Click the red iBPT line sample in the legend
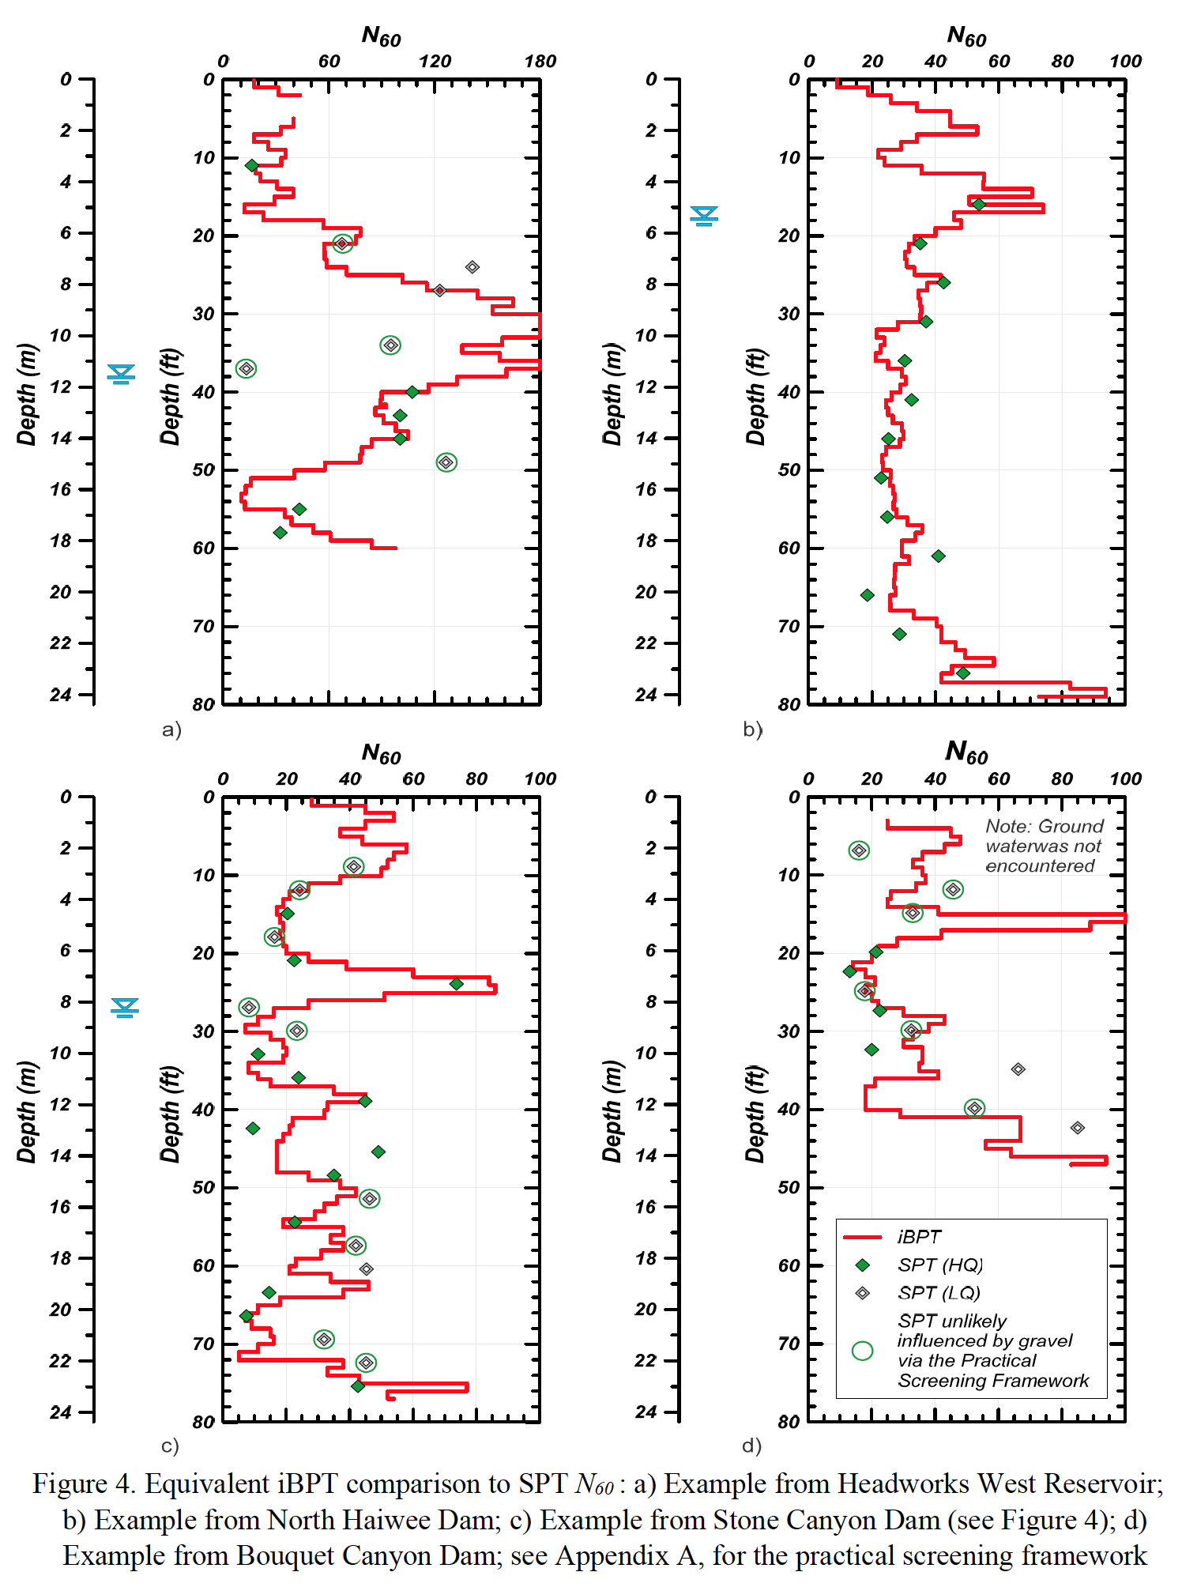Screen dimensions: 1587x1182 [862, 1237]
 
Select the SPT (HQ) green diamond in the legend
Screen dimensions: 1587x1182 [863, 1265]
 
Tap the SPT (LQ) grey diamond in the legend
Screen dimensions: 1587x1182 [863, 1293]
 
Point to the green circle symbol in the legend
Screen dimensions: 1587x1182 [863, 1351]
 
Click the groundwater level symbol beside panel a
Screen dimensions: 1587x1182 [122, 373]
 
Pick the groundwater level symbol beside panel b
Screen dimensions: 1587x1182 [704, 215]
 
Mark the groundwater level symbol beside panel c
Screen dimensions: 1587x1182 [125, 1007]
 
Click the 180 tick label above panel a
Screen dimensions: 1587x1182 [540, 62]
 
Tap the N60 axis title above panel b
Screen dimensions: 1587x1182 [966, 36]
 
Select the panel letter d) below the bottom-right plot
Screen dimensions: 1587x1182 [751, 1446]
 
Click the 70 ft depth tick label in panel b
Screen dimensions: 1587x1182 [789, 626]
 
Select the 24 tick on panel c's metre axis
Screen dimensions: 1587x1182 [60, 1412]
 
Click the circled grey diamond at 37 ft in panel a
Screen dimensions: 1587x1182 [247, 368]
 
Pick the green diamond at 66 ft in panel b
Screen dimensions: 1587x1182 [867, 595]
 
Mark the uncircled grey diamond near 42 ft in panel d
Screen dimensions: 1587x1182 [1078, 1128]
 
